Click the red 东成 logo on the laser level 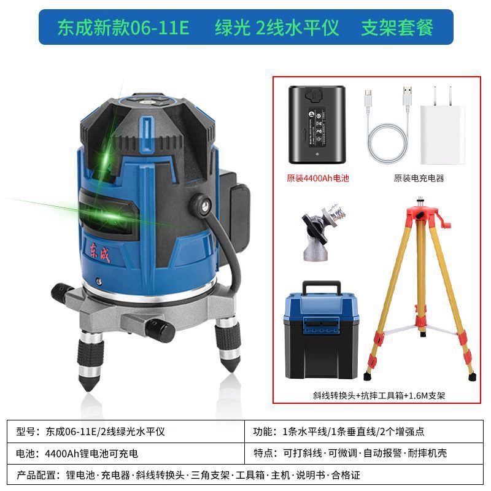pyautogui.click(x=100, y=252)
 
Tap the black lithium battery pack pyautogui.click(x=317, y=125)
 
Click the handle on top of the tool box pyautogui.click(x=321, y=287)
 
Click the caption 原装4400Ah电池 pyautogui.click(x=317, y=178)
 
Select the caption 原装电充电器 pyautogui.click(x=419, y=178)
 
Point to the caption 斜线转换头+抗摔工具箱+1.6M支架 pyautogui.click(x=379, y=395)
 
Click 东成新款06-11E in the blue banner pyautogui.click(x=123, y=28)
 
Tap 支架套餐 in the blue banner pyautogui.click(x=397, y=28)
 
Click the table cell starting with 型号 pyautogui.click(x=126, y=431)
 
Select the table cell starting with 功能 pyautogui.click(x=363, y=431)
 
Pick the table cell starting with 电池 pyautogui.click(x=126, y=453)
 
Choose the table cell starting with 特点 pyautogui.click(x=363, y=453)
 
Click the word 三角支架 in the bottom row pyautogui.click(x=210, y=475)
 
